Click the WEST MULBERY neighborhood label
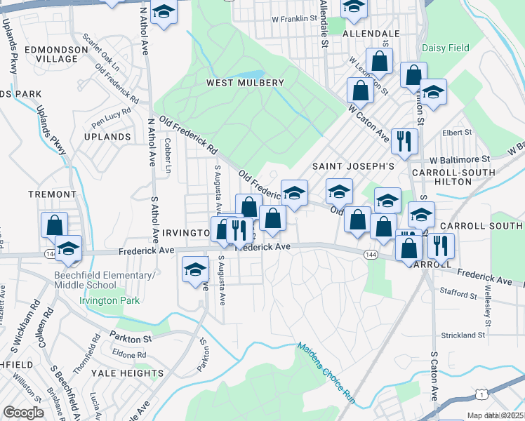coord(245,83)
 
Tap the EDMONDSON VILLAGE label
coord(51,54)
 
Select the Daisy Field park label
coord(445,48)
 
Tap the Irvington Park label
coord(109,301)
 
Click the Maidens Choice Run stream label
coord(327,373)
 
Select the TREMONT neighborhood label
coord(51,194)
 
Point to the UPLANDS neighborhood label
coord(107,136)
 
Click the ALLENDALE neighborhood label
coord(371,33)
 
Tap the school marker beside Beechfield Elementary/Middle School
coord(68,248)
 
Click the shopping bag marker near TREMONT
coord(54,225)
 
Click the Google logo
coord(23,413)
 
